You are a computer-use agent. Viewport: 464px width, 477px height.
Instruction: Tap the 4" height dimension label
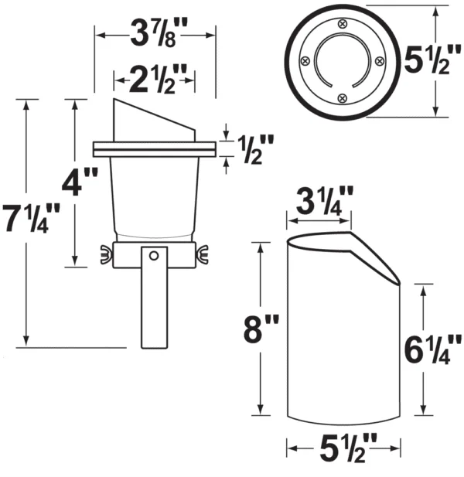(80, 183)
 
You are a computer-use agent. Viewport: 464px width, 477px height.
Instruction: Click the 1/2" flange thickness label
(255, 149)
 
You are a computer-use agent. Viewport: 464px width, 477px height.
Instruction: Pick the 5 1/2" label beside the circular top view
(432, 60)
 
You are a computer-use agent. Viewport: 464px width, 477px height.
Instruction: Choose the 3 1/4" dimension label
(325, 201)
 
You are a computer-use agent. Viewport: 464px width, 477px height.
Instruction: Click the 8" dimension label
(261, 329)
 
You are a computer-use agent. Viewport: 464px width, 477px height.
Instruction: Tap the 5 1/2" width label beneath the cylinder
(348, 448)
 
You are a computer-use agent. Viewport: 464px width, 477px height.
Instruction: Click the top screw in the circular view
(343, 24)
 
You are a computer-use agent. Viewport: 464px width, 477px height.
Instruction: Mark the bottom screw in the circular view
(343, 98)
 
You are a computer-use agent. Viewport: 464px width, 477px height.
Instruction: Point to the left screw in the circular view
(305, 61)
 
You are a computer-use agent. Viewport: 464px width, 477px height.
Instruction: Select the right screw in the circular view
(380, 61)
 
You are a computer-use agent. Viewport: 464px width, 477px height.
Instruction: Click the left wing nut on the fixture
(106, 254)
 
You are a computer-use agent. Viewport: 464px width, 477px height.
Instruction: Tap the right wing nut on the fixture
(202, 254)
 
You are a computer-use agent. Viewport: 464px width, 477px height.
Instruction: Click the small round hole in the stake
(154, 256)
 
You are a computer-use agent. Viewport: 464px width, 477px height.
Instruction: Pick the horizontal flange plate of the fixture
(155, 149)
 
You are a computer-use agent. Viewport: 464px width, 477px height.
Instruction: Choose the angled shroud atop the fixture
(154, 120)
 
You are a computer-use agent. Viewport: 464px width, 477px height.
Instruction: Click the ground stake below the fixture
(154, 298)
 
